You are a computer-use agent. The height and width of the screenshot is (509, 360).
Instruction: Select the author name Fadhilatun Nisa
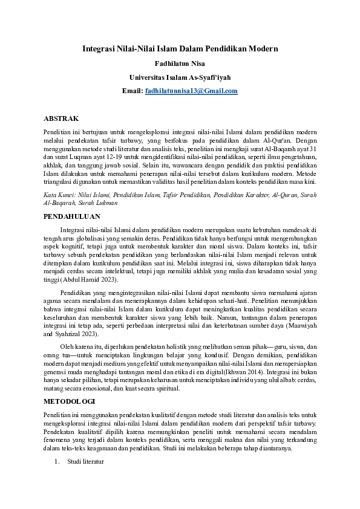pyautogui.click(x=180, y=63)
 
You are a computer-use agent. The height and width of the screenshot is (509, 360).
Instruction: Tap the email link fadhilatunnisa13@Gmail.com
pyautogui.click(x=191, y=91)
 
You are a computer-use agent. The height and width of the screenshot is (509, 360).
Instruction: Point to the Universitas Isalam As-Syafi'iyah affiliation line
pyautogui.click(x=180, y=77)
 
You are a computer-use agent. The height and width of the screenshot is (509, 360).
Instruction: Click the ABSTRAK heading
pyautogui.click(x=61, y=118)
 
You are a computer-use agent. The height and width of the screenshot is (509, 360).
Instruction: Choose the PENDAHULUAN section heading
pyautogui.click(x=72, y=216)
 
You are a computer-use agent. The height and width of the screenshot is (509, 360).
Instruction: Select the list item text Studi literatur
pyautogui.click(x=85, y=462)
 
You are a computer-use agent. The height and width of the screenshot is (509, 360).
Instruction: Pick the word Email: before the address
pyautogui.click(x=133, y=91)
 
